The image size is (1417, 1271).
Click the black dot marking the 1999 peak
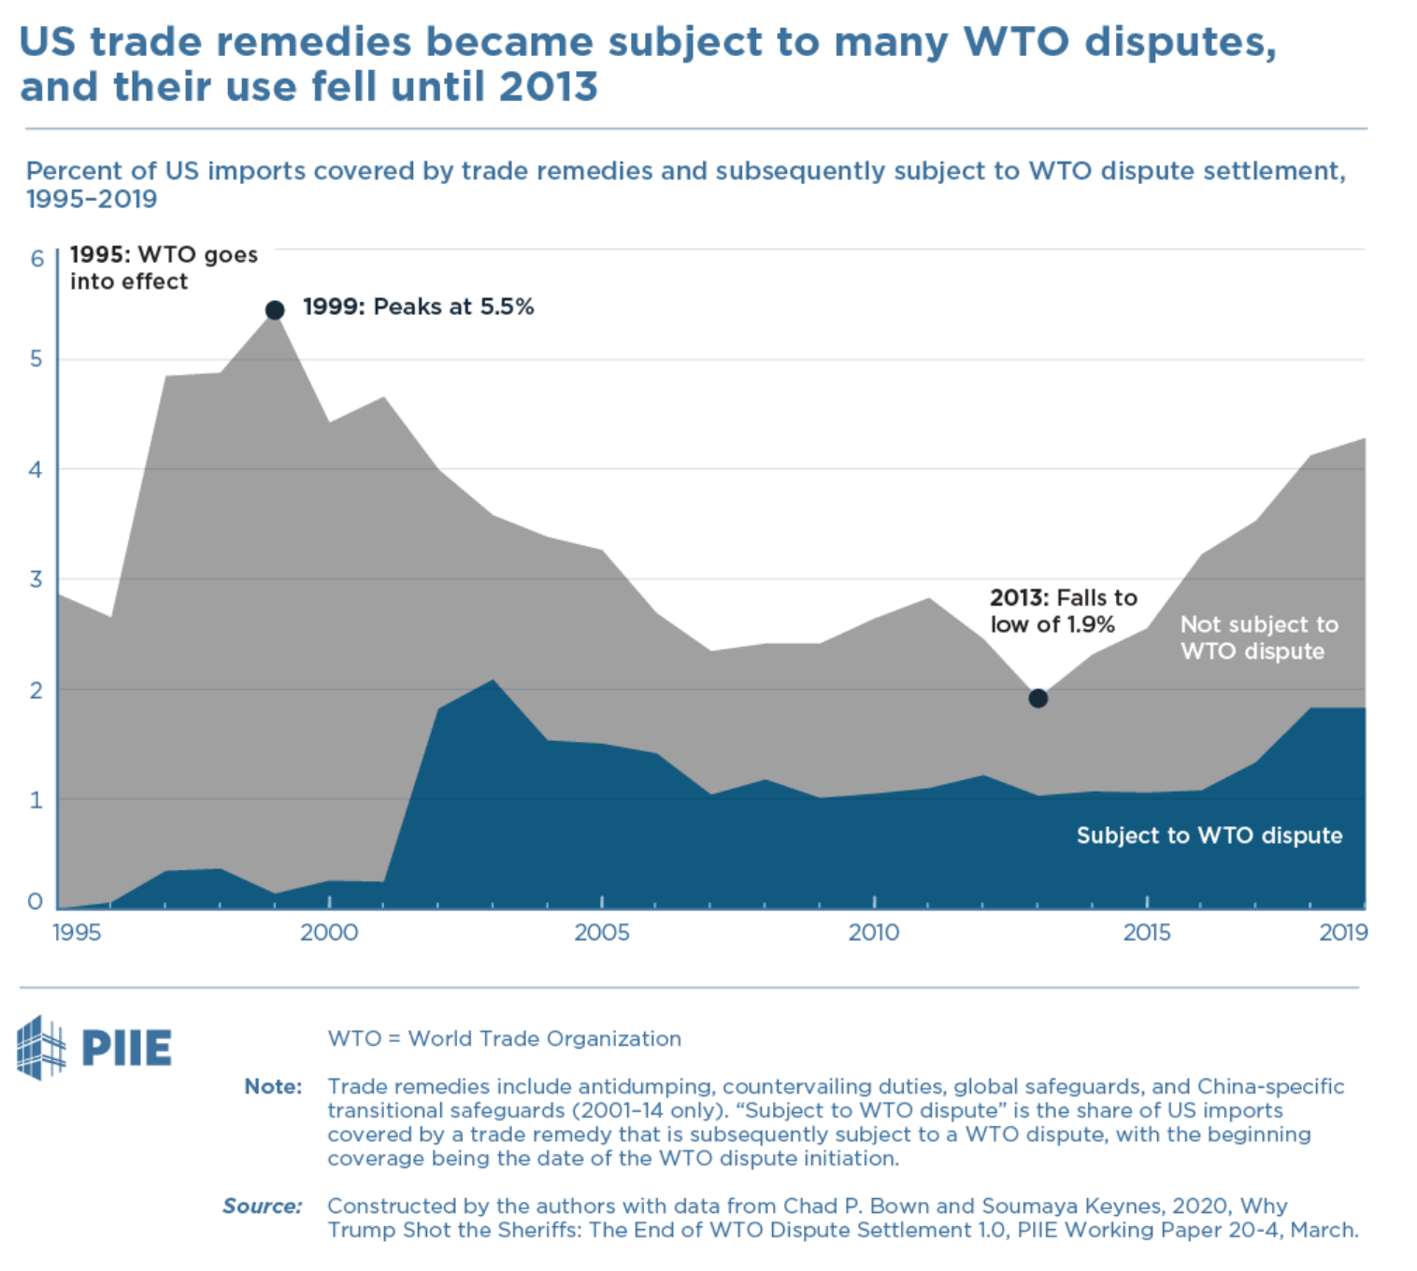[x=275, y=310]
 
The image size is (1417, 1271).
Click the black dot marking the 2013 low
[x=1038, y=698]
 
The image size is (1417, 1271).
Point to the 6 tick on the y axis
[x=37, y=259]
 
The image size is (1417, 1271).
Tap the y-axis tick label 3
[x=36, y=579]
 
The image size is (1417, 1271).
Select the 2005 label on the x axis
[x=601, y=932]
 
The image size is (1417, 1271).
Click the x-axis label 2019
[x=1343, y=932]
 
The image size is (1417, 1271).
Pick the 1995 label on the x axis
[x=77, y=932]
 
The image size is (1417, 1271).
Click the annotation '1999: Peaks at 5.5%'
[x=418, y=307]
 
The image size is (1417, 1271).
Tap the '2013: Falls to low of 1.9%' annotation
[x=1063, y=611]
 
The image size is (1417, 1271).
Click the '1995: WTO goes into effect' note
[x=163, y=268]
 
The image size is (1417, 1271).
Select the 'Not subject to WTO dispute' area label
[x=1258, y=637]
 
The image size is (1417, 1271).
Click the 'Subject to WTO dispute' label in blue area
[x=1209, y=835]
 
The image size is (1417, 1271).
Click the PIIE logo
[x=94, y=1048]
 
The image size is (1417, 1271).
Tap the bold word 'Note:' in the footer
[x=273, y=1086]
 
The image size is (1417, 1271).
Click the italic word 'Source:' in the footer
[x=263, y=1206]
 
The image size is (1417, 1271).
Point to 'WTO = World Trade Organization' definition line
[x=504, y=1038]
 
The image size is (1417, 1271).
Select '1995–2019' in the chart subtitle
[x=92, y=199]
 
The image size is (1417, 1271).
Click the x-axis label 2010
[x=874, y=932]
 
